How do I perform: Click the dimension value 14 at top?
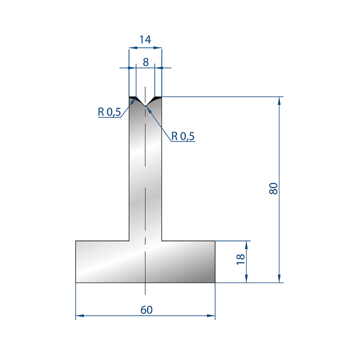145,40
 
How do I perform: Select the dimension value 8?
146,62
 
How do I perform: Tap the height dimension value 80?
274,189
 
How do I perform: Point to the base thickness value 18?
241,260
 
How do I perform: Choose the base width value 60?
147,310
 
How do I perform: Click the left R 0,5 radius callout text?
109,112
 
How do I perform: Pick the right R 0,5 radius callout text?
183,136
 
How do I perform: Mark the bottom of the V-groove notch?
145,106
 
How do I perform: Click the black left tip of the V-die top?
133,98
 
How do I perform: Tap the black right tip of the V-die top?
158,98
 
